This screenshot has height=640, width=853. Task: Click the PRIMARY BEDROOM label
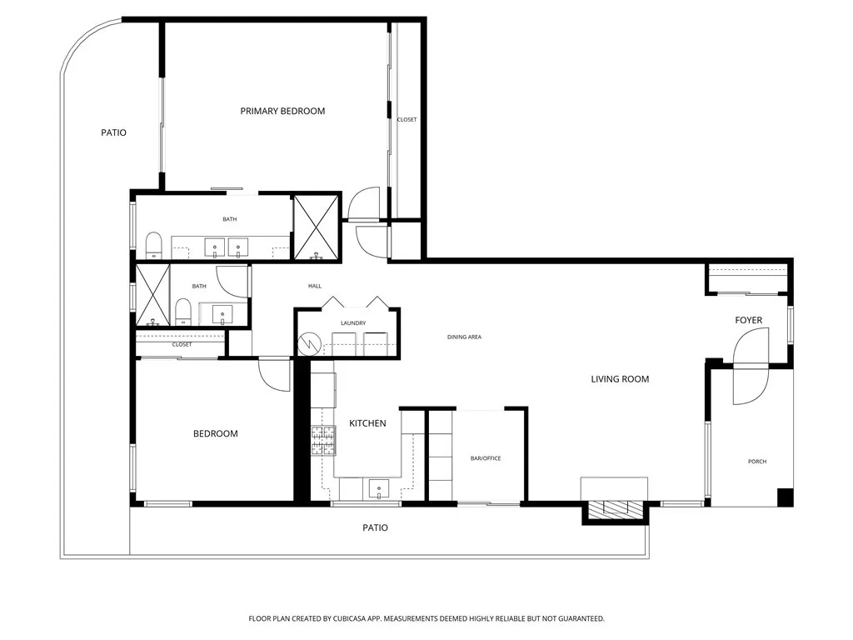pos(282,111)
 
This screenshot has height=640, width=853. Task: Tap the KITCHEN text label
pos(367,423)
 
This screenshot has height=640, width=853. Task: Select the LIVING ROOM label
pos(620,379)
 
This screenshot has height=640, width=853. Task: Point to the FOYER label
pos(748,320)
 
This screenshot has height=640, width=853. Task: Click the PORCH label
pos(756,462)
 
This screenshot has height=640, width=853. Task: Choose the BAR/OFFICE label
pos(486,458)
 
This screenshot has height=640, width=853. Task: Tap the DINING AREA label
pos(464,337)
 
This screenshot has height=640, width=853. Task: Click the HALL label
pos(315,286)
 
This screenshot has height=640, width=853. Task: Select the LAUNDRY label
pos(353,323)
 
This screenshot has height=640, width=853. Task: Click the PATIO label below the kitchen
pos(375,527)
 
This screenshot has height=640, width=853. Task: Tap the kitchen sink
pos(380,488)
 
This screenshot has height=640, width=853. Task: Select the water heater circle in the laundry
pos(310,342)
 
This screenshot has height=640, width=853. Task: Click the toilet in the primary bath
pos(153,245)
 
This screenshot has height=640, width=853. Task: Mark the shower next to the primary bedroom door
pos(317,227)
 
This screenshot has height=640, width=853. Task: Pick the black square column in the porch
pos(785,497)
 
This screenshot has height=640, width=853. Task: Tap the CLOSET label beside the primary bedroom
pos(407,119)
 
